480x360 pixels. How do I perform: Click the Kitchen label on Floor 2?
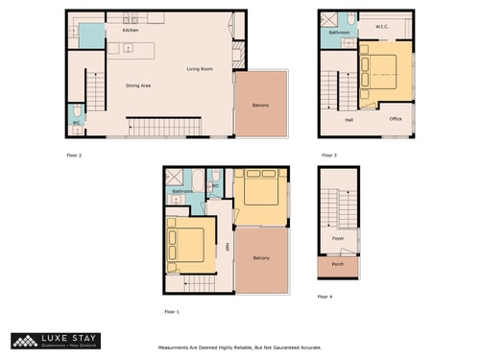click(131, 31)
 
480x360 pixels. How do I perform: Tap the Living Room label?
click(200, 69)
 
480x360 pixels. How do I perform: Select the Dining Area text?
click(138, 85)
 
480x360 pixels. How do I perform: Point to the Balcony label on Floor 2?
click(260, 105)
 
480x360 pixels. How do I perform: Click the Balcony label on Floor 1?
click(261, 258)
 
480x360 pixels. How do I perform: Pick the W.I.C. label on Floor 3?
click(381, 27)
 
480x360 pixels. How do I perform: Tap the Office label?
click(396, 119)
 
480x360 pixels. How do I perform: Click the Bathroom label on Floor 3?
click(339, 33)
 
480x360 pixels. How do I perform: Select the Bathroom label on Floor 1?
click(182, 191)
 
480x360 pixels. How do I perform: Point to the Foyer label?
click(338, 238)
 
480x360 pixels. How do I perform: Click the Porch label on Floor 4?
click(338, 265)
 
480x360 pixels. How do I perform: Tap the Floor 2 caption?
click(74, 155)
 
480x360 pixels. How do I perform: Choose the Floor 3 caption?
click(328, 155)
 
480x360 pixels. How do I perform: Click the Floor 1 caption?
click(172, 312)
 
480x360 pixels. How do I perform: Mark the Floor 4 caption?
click(326, 297)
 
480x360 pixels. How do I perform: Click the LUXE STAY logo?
click(56, 340)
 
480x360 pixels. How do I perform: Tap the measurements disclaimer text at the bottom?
click(239, 348)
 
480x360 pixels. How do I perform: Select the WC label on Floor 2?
click(76, 123)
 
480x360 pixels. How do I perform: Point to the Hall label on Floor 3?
click(348, 119)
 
